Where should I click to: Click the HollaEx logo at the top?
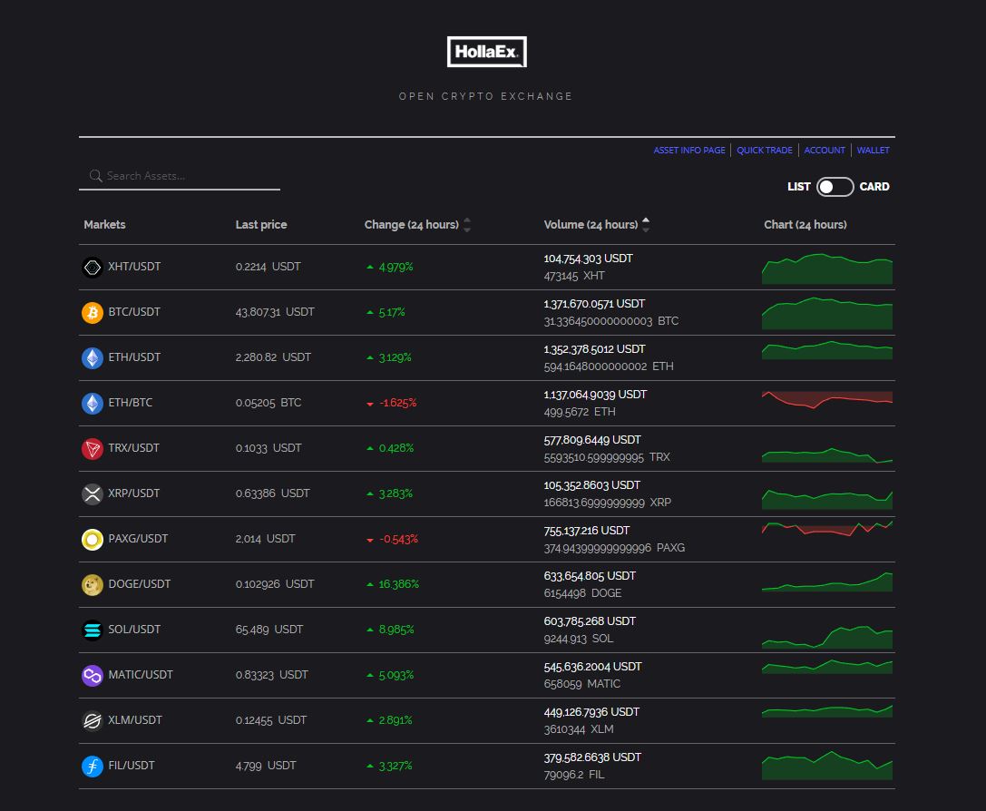tap(486, 52)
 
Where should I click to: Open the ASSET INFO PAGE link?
tap(688, 151)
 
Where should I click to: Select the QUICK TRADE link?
tap(764, 151)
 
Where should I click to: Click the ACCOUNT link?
tap(825, 151)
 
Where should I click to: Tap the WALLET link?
tap(873, 151)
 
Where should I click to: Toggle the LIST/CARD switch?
tap(835, 187)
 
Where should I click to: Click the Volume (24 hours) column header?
tap(591, 225)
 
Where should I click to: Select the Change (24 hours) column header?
tap(411, 225)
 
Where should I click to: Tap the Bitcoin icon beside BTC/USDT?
tap(93, 312)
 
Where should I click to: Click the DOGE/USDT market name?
tap(139, 584)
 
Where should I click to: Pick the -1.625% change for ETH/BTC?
tap(397, 403)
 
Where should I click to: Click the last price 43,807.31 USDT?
tap(275, 312)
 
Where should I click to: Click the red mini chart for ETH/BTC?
tap(826, 400)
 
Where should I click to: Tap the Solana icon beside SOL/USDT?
tap(93, 630)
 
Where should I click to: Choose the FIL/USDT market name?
tap(131, 766)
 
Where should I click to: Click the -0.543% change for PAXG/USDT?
tap(398, 539)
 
